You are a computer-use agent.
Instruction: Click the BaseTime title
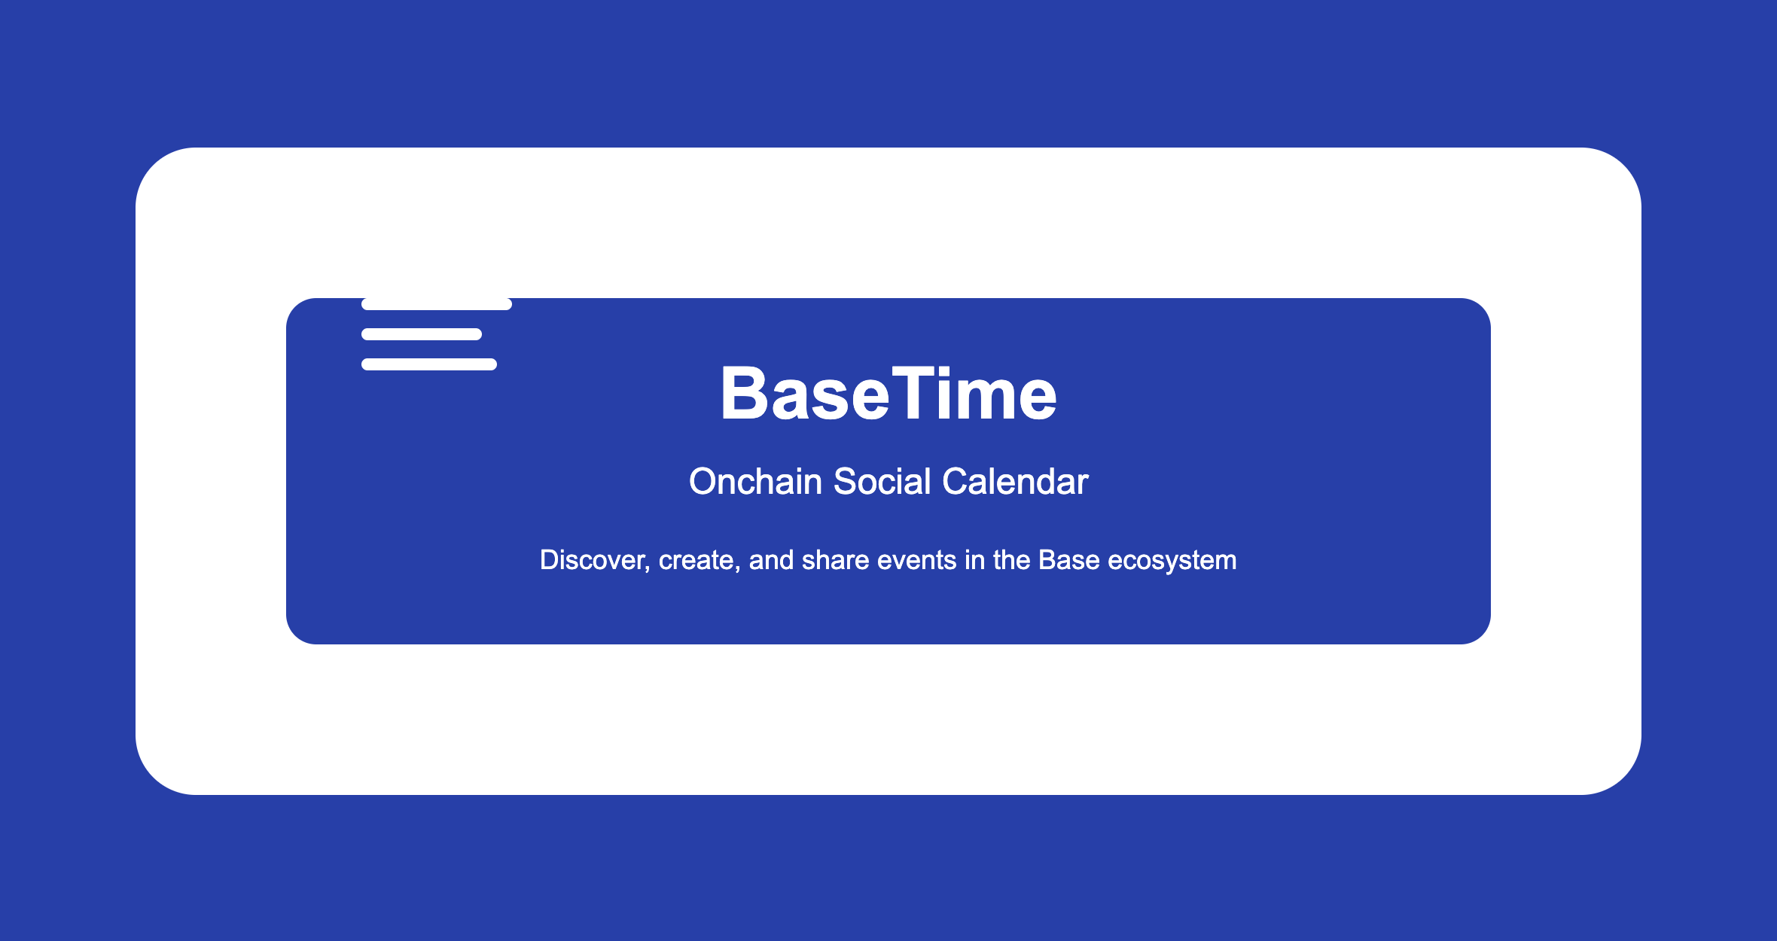point(888,393)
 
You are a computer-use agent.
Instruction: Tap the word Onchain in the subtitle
point(755,482)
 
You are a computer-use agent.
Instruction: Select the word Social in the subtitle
point(882,482)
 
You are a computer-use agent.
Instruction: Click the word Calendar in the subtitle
point(1015,482)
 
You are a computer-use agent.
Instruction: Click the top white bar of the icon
point(437,304)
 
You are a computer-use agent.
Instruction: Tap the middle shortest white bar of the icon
point(422,334)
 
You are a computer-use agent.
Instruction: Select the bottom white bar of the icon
point(429,364)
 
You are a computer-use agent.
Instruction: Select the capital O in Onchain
point(703,482)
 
